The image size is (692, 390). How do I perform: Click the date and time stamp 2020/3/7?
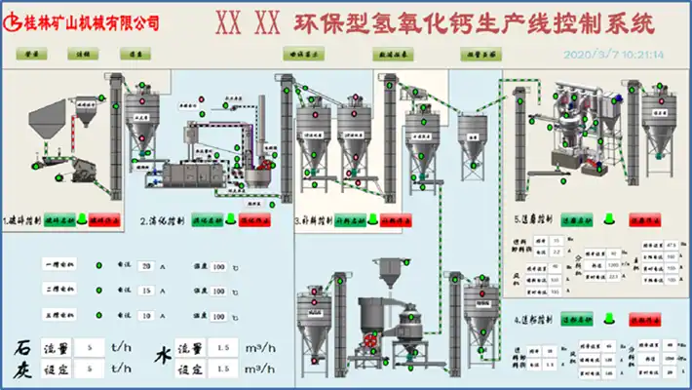click(x=614, y=55)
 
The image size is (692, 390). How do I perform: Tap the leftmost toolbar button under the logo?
click(x=33, y=56)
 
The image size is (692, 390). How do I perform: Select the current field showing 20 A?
click(x=146, y=265)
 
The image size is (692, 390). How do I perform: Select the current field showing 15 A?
click(x=146, y=291)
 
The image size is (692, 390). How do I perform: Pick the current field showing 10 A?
click(x=146, y=316)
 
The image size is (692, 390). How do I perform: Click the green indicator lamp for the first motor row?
click(x=99, y=265)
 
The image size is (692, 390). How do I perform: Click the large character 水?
click(x=161, y=358)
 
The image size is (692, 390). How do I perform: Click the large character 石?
click(x=22, y=347)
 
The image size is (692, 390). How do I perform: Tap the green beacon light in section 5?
click(x=611, y=219)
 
